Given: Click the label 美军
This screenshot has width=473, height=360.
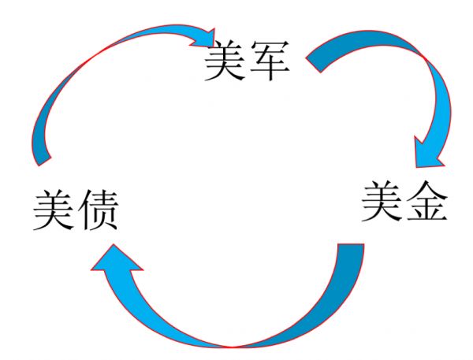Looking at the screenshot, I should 243,62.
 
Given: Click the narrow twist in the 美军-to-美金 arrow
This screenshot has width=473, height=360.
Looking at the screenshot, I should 426,56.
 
